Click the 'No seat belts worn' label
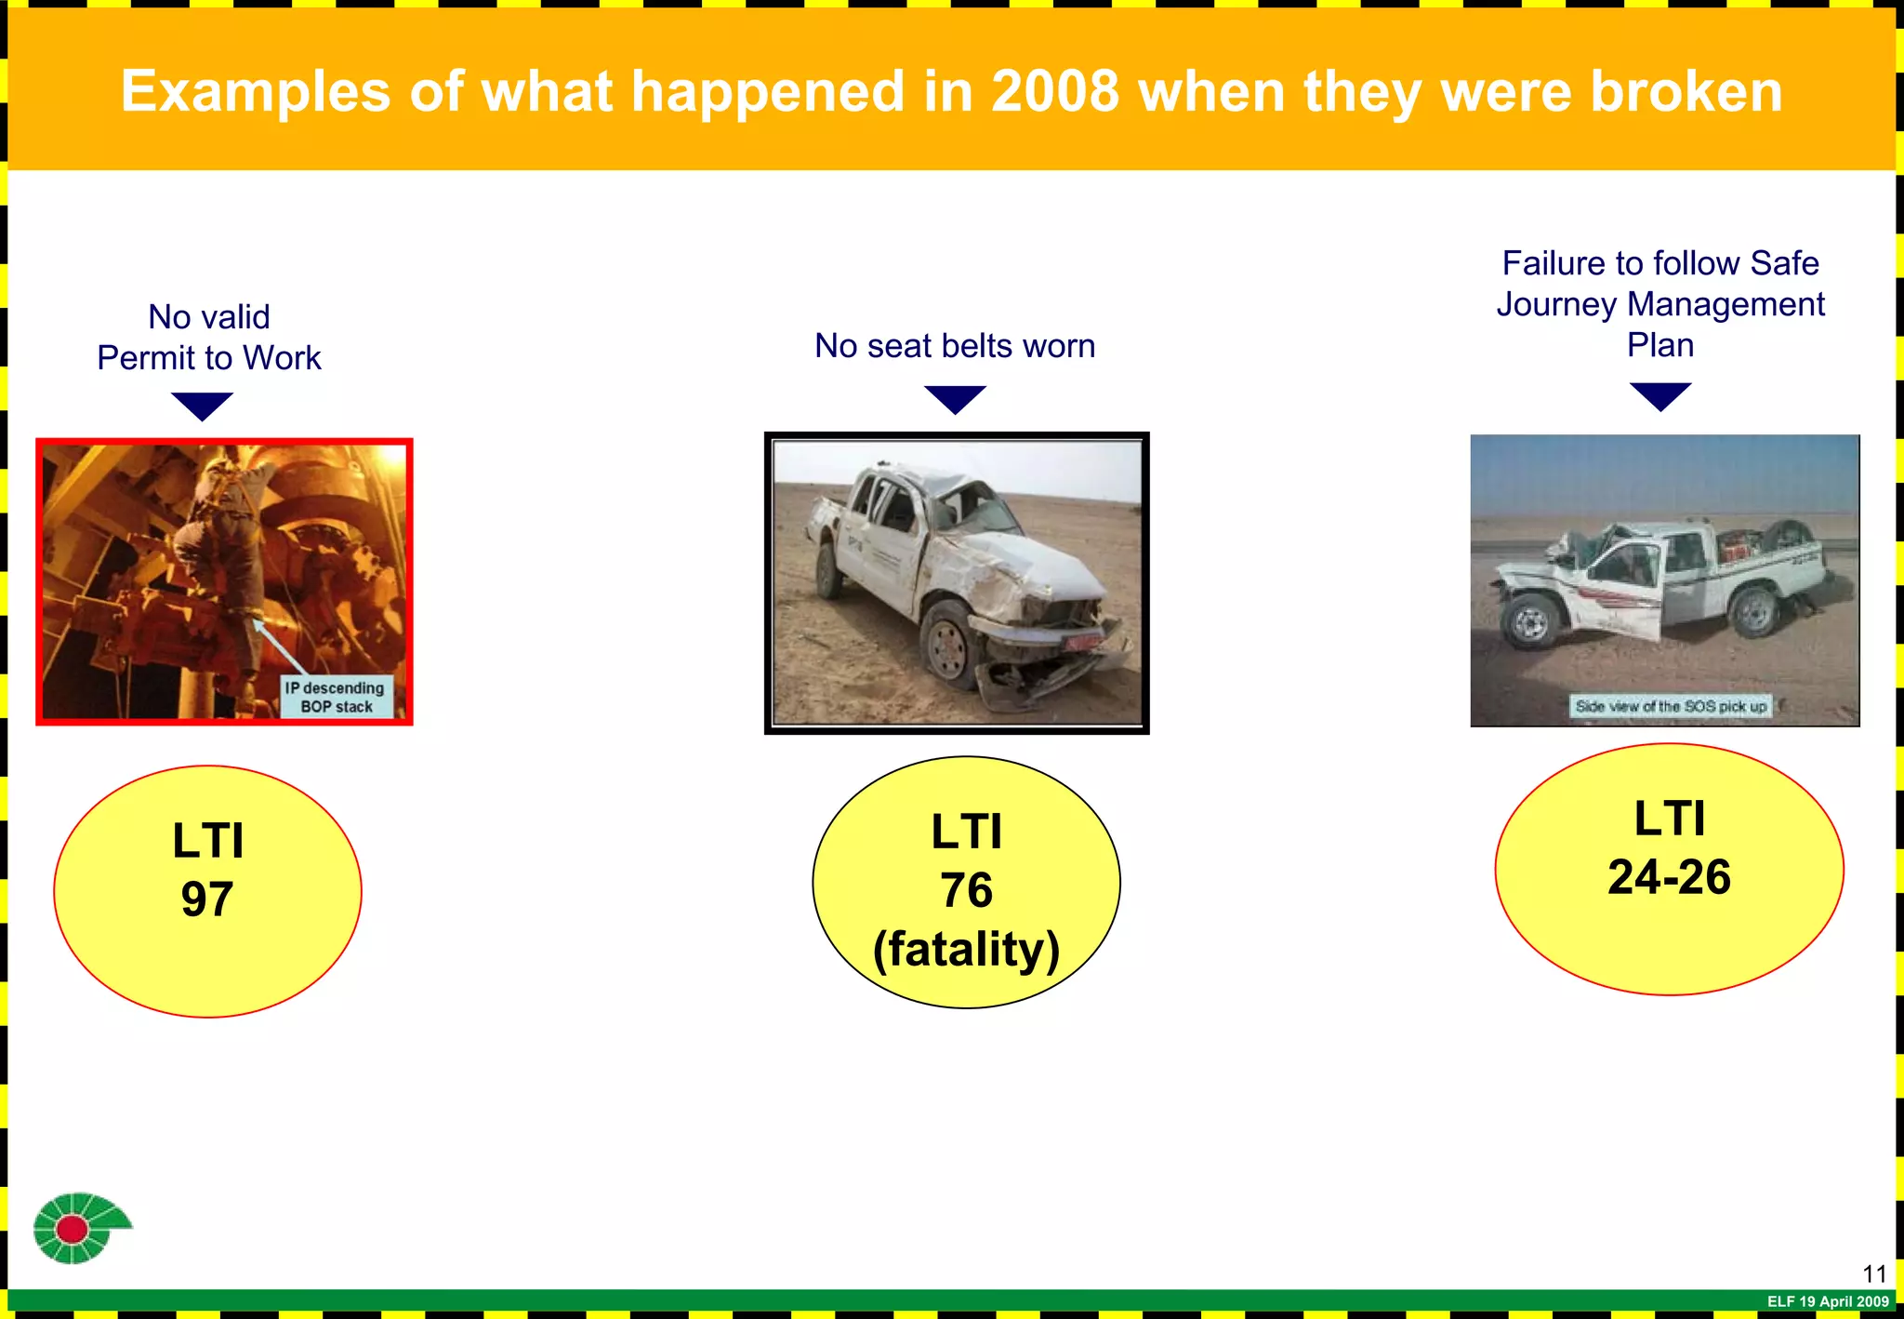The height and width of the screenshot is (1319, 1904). click(955, 346)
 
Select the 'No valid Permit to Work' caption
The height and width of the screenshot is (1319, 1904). click(209, 338)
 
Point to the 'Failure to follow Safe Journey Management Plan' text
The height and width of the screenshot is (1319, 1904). click(1660, 304)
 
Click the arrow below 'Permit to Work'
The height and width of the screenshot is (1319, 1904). click(202, 406)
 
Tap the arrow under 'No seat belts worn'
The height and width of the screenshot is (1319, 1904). click(955, 398)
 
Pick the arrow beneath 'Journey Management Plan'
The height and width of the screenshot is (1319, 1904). click(1660, 395)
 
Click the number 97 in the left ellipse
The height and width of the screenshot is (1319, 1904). click(206, 899)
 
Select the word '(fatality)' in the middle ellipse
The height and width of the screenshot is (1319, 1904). click(966, 949)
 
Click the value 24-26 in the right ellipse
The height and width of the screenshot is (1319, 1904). click(1669, 877)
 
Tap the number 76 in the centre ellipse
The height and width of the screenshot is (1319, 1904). click(966, 890)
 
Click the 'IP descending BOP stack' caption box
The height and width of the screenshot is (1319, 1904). click(336, 697)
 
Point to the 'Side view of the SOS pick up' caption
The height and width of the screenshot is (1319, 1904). click(1671, 706)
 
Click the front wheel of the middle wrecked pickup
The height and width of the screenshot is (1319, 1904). click(948, 644)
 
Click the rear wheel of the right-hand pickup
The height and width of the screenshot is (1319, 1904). click(1755, 611)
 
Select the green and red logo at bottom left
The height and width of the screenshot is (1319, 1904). click(79, 1228)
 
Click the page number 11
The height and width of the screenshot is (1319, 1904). click(1874, 1273)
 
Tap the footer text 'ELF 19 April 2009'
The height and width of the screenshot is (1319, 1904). click(1828, 1301)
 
